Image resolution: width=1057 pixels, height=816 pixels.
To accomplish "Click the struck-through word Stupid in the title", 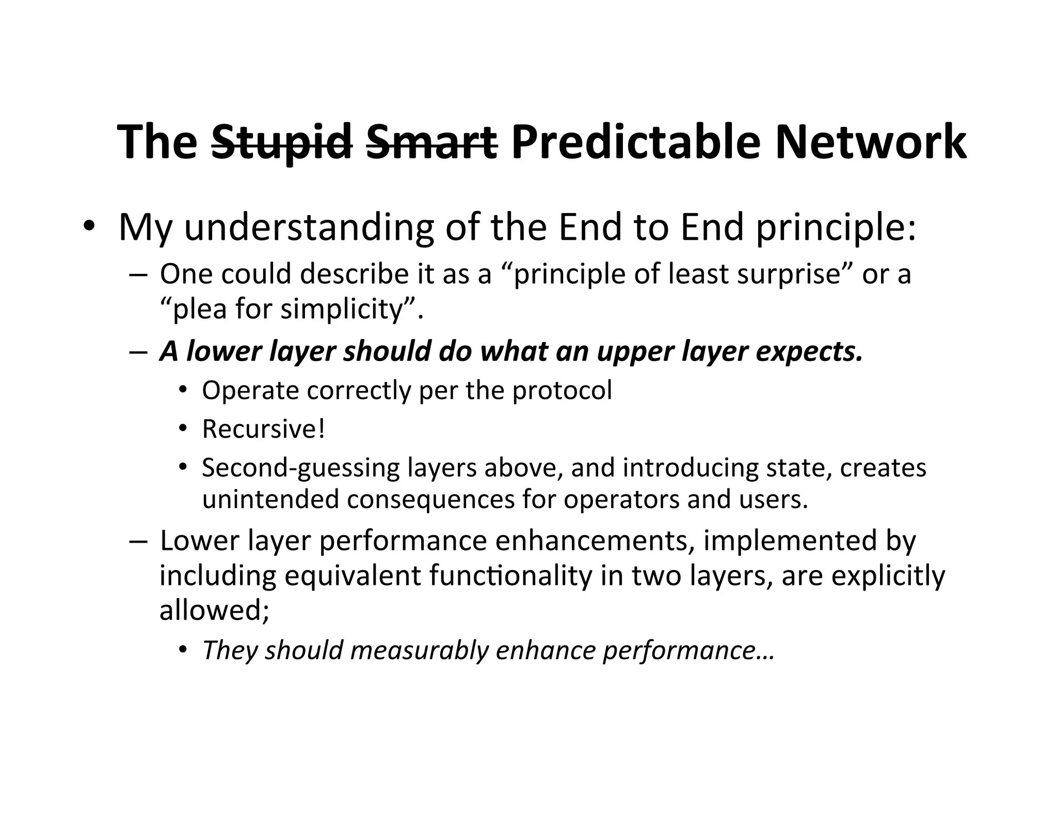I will tap(282, 142).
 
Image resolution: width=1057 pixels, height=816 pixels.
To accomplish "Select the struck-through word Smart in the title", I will tap(431, 142).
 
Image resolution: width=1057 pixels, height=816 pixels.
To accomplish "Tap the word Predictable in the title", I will tap(636, 142).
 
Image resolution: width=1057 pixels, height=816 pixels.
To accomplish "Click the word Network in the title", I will tap(870, 142).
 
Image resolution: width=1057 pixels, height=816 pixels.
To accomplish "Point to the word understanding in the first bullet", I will tap(309, 227).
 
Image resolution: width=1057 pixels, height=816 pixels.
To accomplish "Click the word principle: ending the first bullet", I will tap(836, 227).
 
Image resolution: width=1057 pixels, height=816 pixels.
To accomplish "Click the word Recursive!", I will tap(264, 429).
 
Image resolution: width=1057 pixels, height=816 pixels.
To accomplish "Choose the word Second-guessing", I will tap(300, 468).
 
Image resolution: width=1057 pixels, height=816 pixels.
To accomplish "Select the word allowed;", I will tap(214, 610).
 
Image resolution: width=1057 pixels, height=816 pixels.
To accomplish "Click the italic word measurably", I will tap(419, 650).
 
